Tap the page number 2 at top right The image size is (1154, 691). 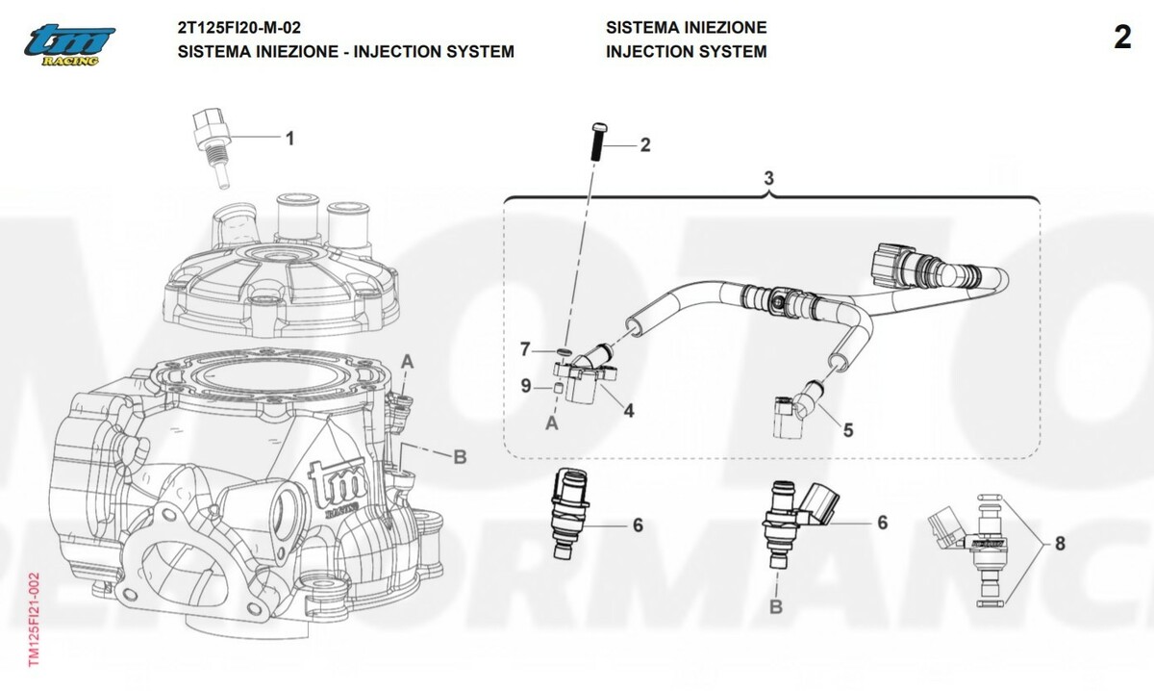tap(1122, 38)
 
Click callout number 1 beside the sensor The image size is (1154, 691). tap(288, 139)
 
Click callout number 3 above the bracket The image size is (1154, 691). tap(769, 178)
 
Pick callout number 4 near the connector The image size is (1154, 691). tap(628, 411)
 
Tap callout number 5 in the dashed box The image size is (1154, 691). tap(847, 430)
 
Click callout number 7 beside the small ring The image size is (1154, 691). tap(525, 347)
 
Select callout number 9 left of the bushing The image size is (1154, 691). tap(526, 386)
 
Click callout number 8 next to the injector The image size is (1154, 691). tap(1060, 544)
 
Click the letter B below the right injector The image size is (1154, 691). tap(776, 606)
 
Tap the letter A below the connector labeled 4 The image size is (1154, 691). tap(552, 422)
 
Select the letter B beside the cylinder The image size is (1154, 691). tap(460, 456)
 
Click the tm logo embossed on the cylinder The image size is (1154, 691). tap(333, 480)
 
